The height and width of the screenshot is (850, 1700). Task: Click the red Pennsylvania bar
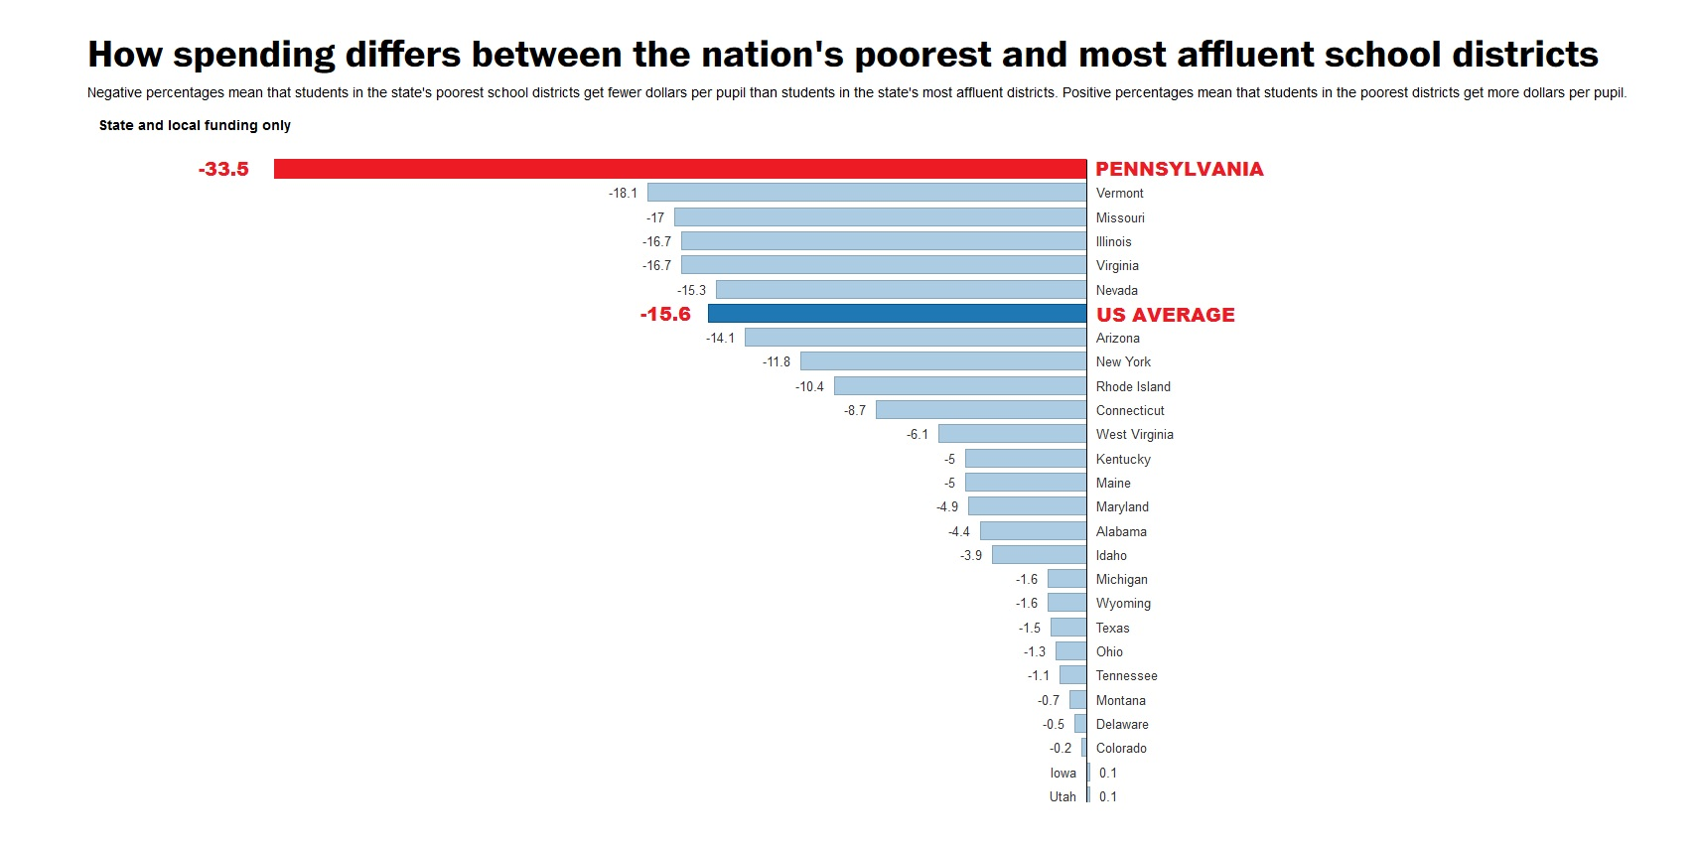pos(680,169)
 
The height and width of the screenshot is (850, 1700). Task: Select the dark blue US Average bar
pos(897,314)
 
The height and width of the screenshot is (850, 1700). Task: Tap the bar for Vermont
pos(867,193)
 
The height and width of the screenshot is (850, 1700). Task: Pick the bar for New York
pos(943,361)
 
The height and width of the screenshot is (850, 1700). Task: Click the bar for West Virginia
pos(1012,434)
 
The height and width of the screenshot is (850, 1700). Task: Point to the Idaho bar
pos(1039,555)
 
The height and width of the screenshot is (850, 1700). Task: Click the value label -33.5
pos(223,169)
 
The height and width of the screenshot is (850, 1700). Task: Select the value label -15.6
pos(665,314)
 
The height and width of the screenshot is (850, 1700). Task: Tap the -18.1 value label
pos(623,193)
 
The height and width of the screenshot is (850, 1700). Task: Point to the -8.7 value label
pos(855,410)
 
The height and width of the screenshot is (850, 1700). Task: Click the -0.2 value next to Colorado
pos(1061,748)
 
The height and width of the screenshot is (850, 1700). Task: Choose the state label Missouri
pos(1120,217)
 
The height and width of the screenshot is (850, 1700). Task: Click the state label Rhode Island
pos(1133,386)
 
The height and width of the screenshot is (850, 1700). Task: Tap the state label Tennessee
pos(1126,675)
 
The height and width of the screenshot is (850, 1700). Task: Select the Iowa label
pos(1062,773)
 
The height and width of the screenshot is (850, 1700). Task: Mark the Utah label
pos(1062,796)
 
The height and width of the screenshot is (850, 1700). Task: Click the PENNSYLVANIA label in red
pos(1179,169)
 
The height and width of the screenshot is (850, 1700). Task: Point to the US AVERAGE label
pos(1165,315)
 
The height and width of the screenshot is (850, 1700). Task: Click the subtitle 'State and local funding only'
pos(195,125)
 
